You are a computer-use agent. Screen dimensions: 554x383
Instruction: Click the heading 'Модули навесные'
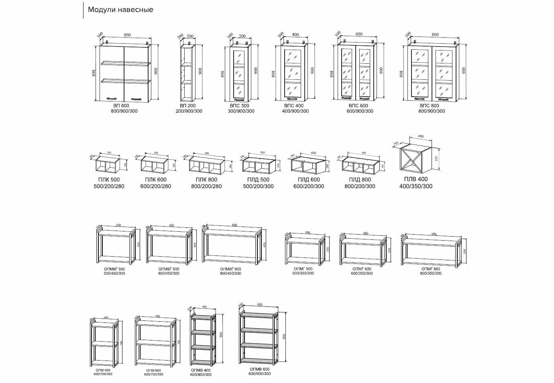[x=120, y=10]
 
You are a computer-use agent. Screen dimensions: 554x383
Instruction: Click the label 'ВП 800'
[x=121, y=105]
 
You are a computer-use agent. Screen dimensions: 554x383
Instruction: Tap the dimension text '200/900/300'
[x=189, y=111]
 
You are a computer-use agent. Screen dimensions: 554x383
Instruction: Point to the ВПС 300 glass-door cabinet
[x=239, y=73]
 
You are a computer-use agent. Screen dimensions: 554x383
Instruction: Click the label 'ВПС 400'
[x=294, y=106]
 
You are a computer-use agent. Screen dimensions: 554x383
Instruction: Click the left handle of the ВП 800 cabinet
[x=111, y=97]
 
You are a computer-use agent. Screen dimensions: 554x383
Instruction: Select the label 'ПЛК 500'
[x=109, y=180]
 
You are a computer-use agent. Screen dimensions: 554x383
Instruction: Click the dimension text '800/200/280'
[x=206, y=186]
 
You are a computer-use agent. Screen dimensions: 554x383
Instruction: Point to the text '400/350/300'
[x=416, y=186]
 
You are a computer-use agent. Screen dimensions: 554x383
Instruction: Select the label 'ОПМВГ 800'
[x=231, y=269]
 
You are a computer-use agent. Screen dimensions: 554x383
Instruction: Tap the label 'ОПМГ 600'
[x=362, y=269]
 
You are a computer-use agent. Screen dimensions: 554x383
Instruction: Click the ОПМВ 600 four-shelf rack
[x=259, y=338]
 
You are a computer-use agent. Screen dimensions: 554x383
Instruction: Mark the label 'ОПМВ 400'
[x=201, y=370]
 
